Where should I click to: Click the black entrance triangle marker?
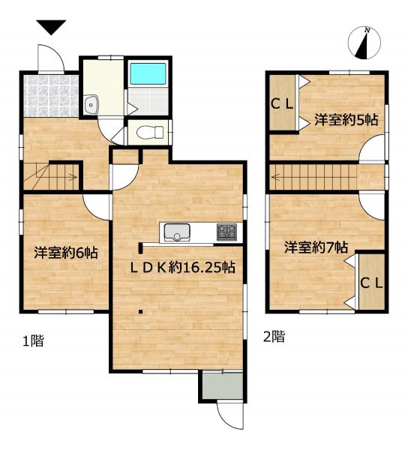50,28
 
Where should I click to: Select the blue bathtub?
149,74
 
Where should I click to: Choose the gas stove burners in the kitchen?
226,232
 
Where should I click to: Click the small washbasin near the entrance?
93,104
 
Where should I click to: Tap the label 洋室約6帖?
64,253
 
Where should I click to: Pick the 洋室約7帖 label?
315,246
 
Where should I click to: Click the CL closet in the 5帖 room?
282,106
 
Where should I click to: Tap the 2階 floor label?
273,337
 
